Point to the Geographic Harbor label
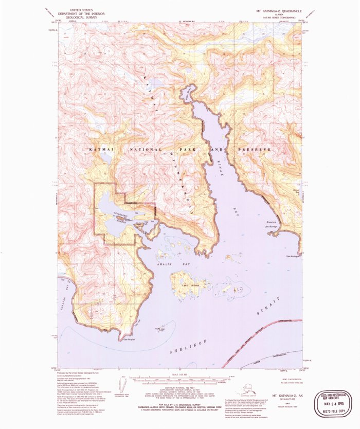tap(119, 212)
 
